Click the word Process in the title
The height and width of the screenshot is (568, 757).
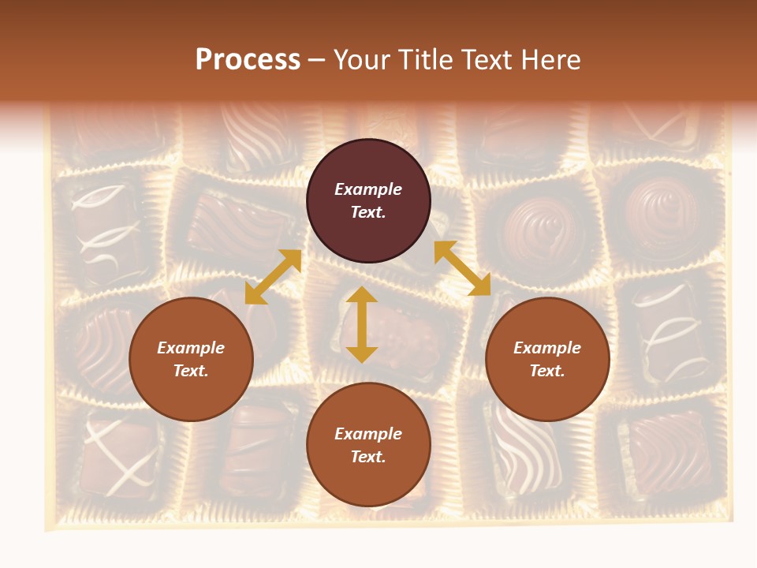pyautogui.click(x=248, y=60)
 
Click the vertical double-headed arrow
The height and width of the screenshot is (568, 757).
pyautogui.click(x=362, y=325)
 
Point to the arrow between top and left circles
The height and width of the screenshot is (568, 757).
pyautogui.click(x=273, y=277)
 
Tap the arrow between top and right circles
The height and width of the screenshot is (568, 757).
pyautogui.click(x=462, y=268)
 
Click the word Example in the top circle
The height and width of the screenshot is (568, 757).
pyautogui.click(x=368, y=189)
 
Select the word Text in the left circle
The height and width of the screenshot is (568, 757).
pyautogui.click(x=191, y=371)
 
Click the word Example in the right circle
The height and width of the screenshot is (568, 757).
pyautogui.click(x=547, y=348)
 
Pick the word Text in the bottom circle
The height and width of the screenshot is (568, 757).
pyautogui.click(x=368, y=457)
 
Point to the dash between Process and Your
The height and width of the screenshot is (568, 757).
pyautogui.click(x=317, y=60)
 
